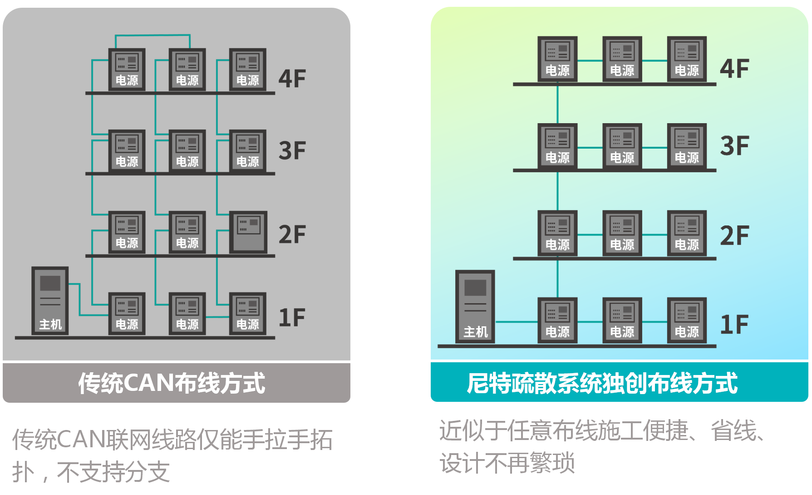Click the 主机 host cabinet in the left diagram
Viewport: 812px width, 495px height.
50,300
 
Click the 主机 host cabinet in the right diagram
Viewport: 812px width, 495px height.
475,306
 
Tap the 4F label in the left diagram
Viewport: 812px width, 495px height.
292,78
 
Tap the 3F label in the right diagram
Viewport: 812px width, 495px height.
734,146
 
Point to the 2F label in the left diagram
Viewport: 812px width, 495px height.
292,235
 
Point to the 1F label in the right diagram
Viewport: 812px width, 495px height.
734,325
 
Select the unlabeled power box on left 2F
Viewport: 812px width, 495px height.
248,232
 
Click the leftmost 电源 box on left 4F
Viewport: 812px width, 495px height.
127,70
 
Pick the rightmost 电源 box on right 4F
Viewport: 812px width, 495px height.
687,59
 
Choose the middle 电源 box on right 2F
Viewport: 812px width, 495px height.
622,233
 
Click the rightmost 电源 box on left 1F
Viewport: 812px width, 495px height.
248,314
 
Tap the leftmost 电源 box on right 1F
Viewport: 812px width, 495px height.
557,320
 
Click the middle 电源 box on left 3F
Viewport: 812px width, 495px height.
187,151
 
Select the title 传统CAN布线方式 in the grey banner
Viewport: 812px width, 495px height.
172,383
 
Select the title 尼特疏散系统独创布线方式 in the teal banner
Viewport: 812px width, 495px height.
602,383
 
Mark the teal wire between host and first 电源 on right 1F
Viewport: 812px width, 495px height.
516,322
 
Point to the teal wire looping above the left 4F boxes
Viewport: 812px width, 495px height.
153,35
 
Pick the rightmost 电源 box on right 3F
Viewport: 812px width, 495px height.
687,146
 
